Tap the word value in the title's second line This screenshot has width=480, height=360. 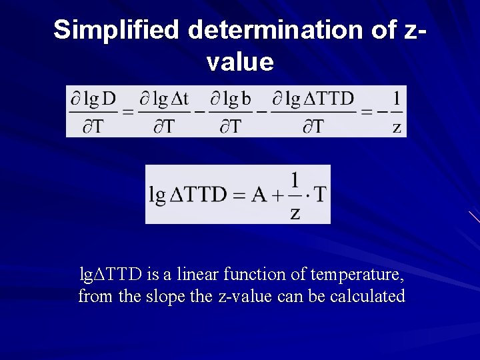click(x=240, y=62)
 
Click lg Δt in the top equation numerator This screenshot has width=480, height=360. click(x=164, y=99)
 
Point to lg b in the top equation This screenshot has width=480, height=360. click(x=230, y=99)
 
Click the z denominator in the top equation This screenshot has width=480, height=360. click(x=397, y=127)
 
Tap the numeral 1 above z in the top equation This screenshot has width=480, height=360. click(x=397, y=99)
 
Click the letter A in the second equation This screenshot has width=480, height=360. click(x=259, y=195)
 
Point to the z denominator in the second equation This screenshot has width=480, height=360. click(x=295, y=213)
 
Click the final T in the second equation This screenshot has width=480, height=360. click(x=320, y=195)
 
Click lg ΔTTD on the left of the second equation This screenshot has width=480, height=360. click(x=195, y=195)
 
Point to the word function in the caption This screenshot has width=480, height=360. click(x=255, y=274)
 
